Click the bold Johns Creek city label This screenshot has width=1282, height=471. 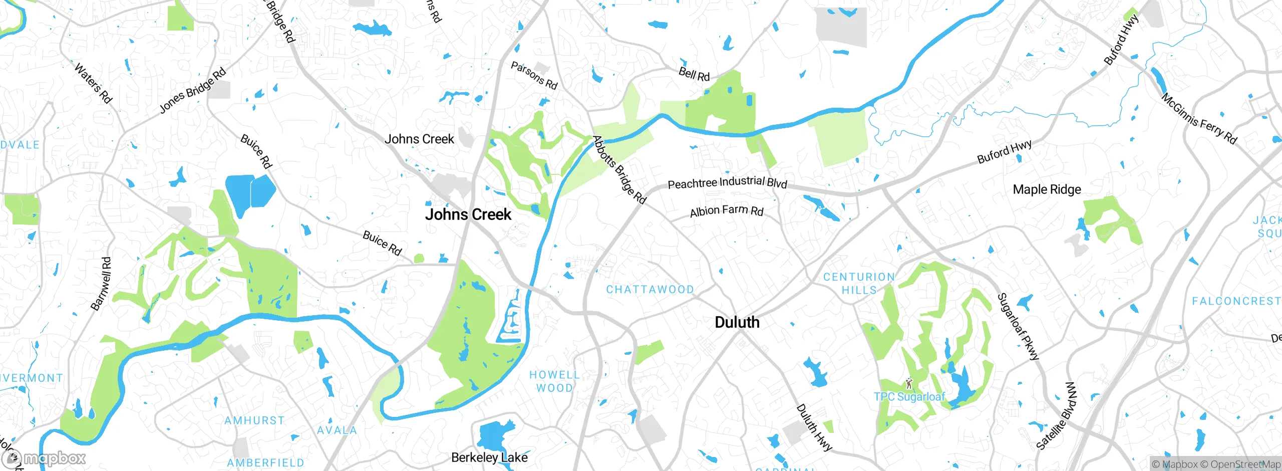[468, 214]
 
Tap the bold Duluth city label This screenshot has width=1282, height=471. [737, 322]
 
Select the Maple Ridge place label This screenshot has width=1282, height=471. [1047, 189]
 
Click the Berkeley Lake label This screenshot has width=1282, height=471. [489, 457]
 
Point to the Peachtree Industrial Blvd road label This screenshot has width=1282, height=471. [727, 182]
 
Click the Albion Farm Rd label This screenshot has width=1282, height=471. [726, 211]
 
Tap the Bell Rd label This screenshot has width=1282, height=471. [694, 74]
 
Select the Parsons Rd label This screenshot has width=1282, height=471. [534, 76]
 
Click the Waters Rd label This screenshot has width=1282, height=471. [93, 83]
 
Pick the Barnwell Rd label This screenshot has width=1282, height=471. [101, 284]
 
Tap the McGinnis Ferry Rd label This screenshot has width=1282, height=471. [1199, 119]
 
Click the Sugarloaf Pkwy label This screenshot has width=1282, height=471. [1018, 327]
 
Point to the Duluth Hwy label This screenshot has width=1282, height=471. [814, 427]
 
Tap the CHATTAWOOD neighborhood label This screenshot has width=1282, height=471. [650, 290]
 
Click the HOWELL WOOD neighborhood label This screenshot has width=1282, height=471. [554, 381]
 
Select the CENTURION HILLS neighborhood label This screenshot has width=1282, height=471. [859, 284]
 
